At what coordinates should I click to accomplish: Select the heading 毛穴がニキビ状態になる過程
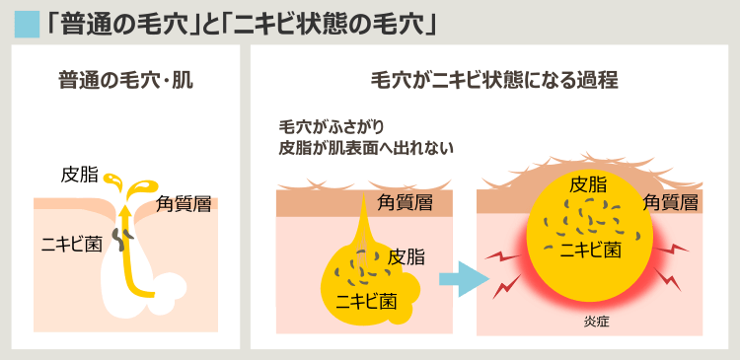(494, 80)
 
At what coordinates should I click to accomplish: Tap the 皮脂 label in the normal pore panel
(80, 176)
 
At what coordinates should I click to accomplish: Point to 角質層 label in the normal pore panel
(185, 205)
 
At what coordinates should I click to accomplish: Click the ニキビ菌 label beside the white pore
(71, 244)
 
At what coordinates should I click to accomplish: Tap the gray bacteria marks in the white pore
(119, 238)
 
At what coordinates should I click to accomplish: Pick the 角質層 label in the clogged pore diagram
(406, 202)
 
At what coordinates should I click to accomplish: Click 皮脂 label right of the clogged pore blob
(407, 257)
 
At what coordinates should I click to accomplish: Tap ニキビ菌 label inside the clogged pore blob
(366, 300)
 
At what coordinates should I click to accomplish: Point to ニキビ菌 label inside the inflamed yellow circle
(590, 249)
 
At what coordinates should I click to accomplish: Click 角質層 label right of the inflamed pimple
(671, 203)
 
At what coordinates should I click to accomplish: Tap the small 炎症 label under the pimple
(597, 323)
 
